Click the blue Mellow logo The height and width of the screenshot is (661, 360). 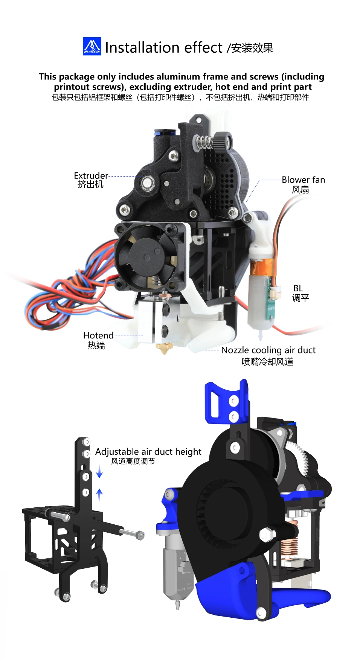[x=92, y=47]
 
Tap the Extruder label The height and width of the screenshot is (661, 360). [x=91, y=176]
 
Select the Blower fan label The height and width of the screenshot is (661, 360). [x=303, y=180]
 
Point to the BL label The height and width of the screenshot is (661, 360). [x=298, y=288]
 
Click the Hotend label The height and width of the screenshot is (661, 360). [x=98, y=335]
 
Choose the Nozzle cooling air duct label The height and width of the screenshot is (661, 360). [x=268, y=350]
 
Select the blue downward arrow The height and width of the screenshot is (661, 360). [x=99, y=471]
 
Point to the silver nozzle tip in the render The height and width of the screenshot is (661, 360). [x=177, y=605]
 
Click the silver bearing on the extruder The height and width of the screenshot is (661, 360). [x=147, y=184]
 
